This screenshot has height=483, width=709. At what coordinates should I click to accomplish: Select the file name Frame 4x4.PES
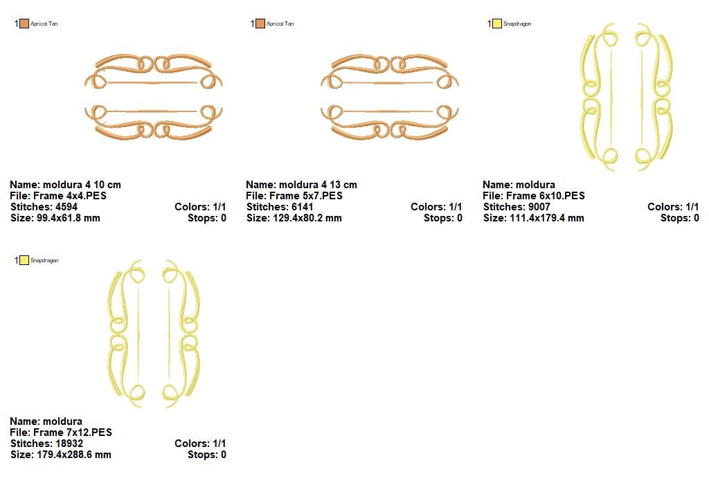(70, 196)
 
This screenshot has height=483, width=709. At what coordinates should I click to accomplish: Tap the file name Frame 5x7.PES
(306, 196)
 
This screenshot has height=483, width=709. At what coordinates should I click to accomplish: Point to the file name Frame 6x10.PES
(546, 196)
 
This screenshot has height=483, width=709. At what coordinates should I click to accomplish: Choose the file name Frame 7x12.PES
(73, 432)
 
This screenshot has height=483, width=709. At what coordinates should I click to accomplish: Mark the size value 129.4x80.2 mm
(307, 218)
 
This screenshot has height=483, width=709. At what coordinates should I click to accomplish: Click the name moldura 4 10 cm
(82, 184)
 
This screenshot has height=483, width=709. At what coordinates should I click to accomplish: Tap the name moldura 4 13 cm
(318, 184)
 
